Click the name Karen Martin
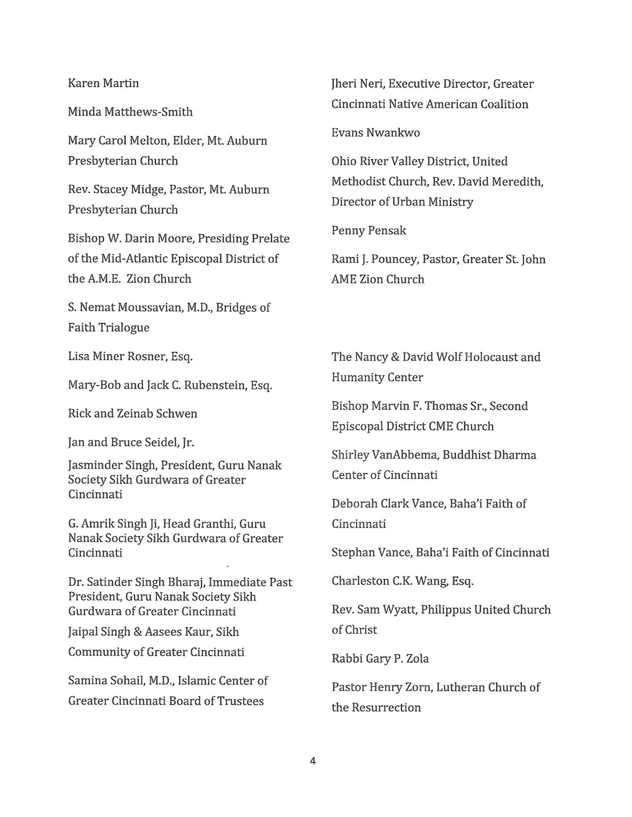click(103, 83)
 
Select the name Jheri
click(344, 84)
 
